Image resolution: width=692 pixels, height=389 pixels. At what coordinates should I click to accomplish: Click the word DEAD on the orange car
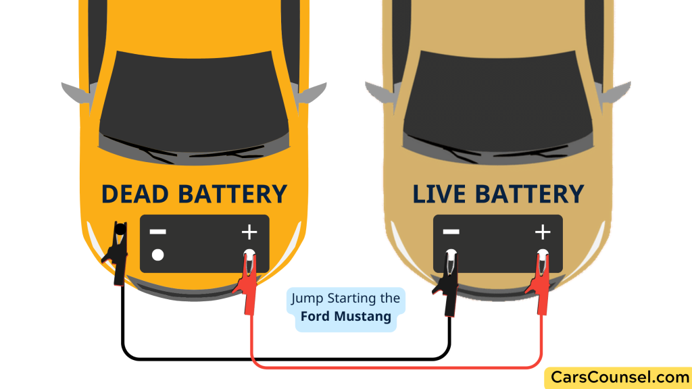(136, 194)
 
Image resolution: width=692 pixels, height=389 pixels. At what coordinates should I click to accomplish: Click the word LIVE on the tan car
(440, 194)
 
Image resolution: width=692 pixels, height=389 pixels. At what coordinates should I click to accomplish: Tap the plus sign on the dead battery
(249, 233)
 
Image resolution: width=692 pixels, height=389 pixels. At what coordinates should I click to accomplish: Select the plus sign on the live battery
(543, 233)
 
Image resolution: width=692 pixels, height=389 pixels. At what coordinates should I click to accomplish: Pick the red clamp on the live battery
(541, 280)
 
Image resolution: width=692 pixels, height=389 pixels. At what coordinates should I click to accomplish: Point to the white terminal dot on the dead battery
(158, 255)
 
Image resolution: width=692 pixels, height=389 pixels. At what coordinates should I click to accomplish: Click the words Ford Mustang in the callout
(346, 316)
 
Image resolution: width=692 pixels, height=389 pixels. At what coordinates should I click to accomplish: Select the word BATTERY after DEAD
(232, 194)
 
